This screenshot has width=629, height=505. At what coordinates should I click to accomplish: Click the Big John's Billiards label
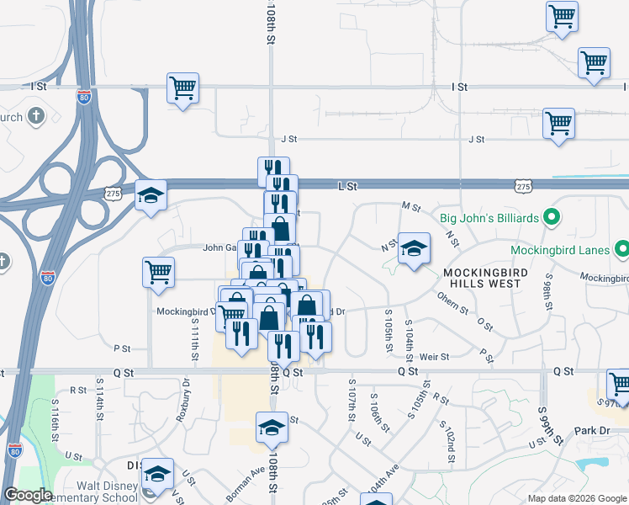pyautogui.click(x=489, y=218)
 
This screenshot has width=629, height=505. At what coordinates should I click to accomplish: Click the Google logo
pyautogui.click(x=29, y=495)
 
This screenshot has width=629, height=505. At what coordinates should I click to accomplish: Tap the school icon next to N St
pyautogui.click(x=414, y=248)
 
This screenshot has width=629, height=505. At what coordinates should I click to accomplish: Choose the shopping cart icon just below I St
pyautogui.click(x=183, y=88)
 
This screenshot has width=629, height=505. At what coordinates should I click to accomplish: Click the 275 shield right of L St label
pyautogui.click(x=524, y=185)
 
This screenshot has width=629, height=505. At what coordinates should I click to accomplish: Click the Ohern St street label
pyautogui.click(x=452, y=302)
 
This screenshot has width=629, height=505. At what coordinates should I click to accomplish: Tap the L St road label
pyautogui.click(x=347, y=185)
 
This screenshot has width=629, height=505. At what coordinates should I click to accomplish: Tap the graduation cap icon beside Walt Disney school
pyautogui.click(x=157, y=474)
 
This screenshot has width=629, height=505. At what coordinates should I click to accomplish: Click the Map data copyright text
pyautogui.click(x=576, y=498)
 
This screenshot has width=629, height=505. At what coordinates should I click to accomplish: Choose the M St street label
pyautogui.click(x=411, y=205)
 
